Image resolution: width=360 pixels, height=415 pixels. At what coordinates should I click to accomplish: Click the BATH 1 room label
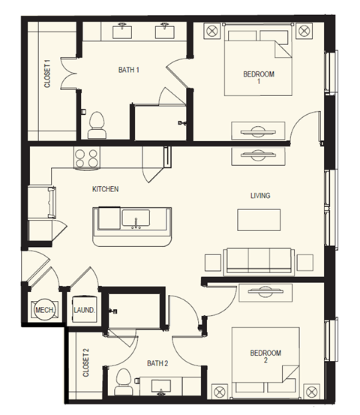[x=129, y=70]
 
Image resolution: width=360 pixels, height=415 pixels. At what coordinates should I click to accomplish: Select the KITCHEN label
[x=105, y=189]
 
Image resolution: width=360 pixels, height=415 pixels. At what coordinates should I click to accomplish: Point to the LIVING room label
[x=260, y=196]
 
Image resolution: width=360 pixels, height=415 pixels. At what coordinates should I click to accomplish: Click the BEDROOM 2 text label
[x=265, y=356]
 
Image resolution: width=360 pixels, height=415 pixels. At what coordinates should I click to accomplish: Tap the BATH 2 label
[x=156, y=363]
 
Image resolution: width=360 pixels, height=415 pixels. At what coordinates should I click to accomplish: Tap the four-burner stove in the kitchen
[x=86, y=158]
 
